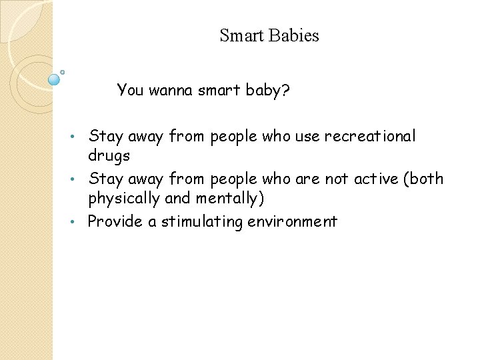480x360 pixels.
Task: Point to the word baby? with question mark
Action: (x=267, y=90)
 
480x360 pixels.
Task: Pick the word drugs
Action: (x=109, y=156)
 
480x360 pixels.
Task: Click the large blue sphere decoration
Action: (x=54, y=80)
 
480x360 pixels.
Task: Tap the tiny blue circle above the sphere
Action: (x=62, y=71)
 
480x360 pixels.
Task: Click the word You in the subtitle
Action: (x=130, y=90)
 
